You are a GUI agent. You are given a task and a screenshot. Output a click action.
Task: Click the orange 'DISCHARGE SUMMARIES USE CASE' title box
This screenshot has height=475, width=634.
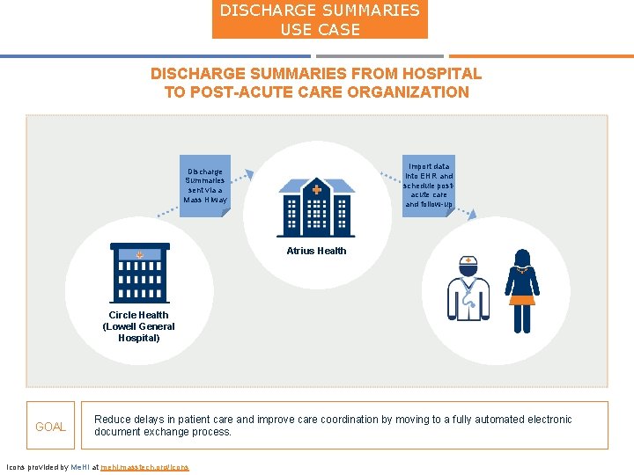[x=320, y=19]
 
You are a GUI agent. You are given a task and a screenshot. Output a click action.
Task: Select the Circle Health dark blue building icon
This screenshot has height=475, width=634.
[x=139, y=272]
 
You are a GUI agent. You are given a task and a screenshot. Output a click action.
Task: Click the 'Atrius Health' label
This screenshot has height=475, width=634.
[x=316, y=251]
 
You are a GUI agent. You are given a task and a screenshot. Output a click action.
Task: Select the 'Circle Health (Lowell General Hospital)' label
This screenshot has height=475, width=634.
[x=139, y=326]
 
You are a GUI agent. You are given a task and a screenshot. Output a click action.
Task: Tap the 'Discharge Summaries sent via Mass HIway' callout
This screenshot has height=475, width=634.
[x=205, y=186]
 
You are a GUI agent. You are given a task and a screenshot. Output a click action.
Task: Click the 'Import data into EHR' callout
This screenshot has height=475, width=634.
[x=429, y=185]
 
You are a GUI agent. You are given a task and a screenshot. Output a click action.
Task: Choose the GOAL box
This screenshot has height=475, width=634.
[x=50, y=427]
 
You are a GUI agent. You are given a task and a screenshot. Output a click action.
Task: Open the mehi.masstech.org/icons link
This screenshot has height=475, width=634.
[x=145, y=467]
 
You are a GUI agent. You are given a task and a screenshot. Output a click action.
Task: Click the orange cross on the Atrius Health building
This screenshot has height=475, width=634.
[x=317, y=189]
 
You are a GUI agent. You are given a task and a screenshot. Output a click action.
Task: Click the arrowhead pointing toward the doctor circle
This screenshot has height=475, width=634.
[x=473, y=214]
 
